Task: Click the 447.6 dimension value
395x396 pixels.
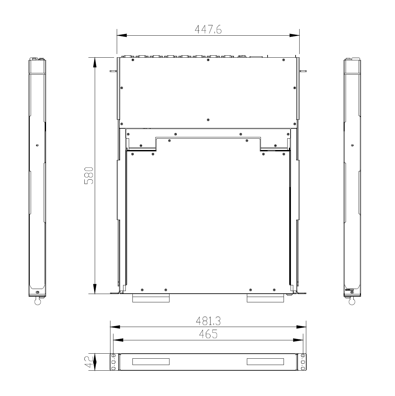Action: click(208, 30)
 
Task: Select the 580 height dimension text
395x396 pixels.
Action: click(89, 176)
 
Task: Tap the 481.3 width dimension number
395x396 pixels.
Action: click(208, 321)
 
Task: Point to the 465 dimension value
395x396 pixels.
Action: click(208, 334)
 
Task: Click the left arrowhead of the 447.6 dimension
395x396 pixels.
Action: click(122, 36)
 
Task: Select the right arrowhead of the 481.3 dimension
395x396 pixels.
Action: click(301, 327)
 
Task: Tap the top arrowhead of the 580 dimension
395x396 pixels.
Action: click(95, 62)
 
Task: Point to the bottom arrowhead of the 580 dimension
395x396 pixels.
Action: click(95, 289)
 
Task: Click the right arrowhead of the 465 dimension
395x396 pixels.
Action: click(298, 340)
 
